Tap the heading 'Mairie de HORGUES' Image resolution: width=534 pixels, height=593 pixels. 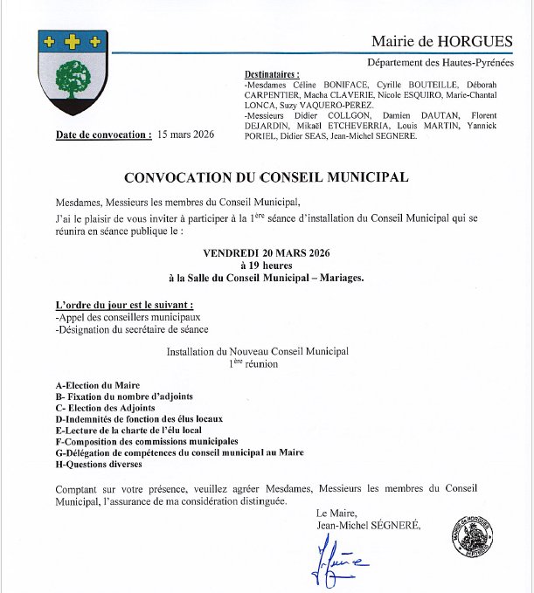pyautogui.click(x=441, y=41)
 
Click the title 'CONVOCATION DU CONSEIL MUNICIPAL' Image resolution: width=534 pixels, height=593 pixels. pyautogui.click(x=267, y=177)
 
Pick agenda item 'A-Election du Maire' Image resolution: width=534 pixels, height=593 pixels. pyautogui.click(x=97, y=385)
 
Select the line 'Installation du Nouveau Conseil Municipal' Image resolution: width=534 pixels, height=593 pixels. pyautogui.click(x=258, y=351)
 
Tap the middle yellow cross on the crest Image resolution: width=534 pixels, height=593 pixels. pyautogui.click(x=73, y=41)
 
